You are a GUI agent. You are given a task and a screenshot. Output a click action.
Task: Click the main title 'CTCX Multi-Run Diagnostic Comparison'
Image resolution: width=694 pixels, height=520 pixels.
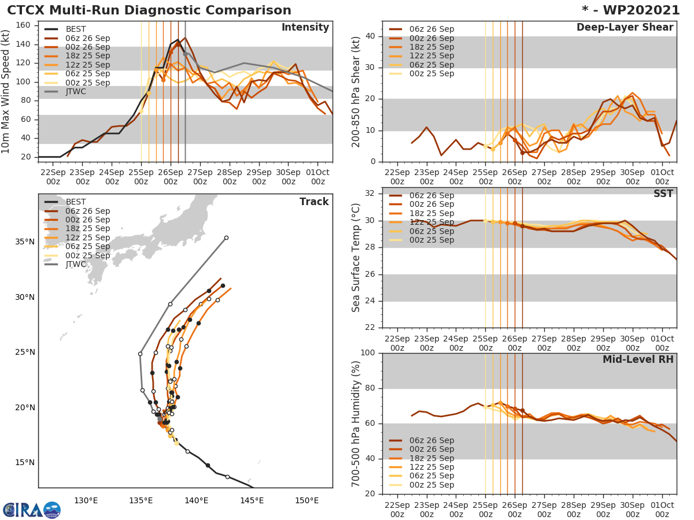pos(149,10)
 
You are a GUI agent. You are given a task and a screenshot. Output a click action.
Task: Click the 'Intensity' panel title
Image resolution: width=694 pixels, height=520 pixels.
pos(305,28)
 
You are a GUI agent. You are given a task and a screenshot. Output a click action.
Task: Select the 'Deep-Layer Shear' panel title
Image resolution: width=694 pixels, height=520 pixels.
pos(625,28)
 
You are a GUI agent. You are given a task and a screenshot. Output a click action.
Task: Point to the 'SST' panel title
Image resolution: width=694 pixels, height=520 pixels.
pos(663,194)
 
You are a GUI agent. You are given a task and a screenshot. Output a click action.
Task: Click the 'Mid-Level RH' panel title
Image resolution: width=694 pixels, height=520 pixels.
pos(638,360)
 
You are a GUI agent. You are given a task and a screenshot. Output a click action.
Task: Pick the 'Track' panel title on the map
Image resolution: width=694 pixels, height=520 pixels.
pos(314,202)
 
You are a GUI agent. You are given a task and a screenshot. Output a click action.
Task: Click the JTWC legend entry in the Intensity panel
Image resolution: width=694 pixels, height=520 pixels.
pos(76,91)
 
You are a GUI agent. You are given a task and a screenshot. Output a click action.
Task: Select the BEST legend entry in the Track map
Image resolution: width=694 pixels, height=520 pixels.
pos(76,202)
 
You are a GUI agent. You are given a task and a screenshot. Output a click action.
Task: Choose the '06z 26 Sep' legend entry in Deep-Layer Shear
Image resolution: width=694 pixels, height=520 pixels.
pos(431,29)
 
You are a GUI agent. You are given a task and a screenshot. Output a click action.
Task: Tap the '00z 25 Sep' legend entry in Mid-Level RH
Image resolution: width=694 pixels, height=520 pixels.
pos(431,485)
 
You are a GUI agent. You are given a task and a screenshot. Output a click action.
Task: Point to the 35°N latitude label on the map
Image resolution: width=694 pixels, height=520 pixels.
pos(25,242)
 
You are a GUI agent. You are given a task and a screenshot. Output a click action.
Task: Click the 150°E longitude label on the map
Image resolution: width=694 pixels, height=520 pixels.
pos(307,501)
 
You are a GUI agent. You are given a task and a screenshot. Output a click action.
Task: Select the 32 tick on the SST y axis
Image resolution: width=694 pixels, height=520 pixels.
pos(372,194)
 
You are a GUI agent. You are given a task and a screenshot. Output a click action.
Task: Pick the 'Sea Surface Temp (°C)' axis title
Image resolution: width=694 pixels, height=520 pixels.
pos(356,258)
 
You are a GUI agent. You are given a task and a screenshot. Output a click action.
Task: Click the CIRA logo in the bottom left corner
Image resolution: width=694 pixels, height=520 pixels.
pos(32,510)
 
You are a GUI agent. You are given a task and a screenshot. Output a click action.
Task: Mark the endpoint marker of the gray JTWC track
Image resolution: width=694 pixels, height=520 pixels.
pos(226,237)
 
